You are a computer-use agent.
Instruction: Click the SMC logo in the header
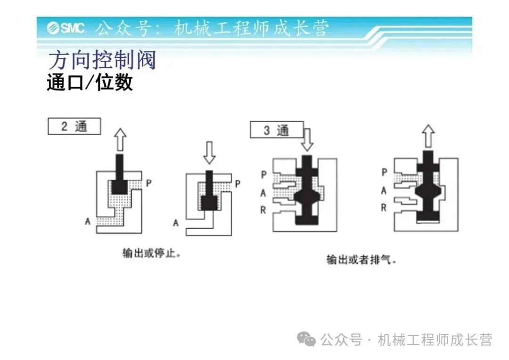tap(66, 28)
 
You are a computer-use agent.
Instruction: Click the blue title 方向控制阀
tap(102, 61)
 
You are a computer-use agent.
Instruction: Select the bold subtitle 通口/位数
tap(90, 83)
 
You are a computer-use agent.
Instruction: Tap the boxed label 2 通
tap(74, 127)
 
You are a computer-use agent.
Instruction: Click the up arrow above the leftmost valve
tap(121, 140)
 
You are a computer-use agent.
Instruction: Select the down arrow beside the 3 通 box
tap(307, 139)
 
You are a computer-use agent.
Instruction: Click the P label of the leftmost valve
tap(148, 183)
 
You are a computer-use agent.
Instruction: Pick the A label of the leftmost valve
tap(87, 221)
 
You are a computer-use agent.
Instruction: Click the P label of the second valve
tap(238, 183)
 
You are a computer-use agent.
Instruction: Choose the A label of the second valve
tap(176, 222)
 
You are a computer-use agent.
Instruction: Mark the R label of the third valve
tap(263, 210)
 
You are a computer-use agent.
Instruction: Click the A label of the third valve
tap(263, 193)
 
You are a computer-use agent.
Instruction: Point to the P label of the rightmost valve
tap(384, 172)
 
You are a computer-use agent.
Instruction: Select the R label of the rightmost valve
tap(384, 207)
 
